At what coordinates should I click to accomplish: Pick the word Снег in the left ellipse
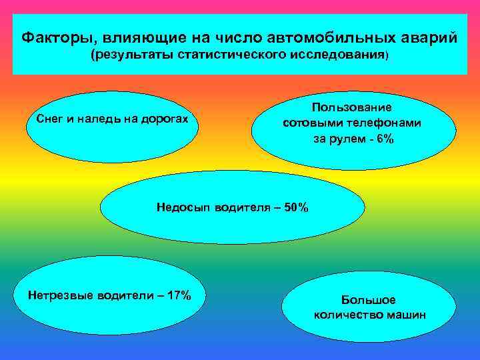[49, 119]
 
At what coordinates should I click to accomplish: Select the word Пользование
[351, 107]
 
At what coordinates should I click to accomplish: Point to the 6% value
[385, 139]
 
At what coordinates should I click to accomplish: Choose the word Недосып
[181, 207]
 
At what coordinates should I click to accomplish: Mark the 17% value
[178, 295]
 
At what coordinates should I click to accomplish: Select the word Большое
[369, 300]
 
